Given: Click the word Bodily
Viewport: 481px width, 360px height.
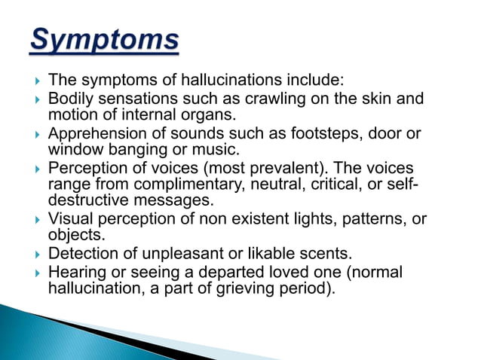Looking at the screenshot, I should coord(69,99).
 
